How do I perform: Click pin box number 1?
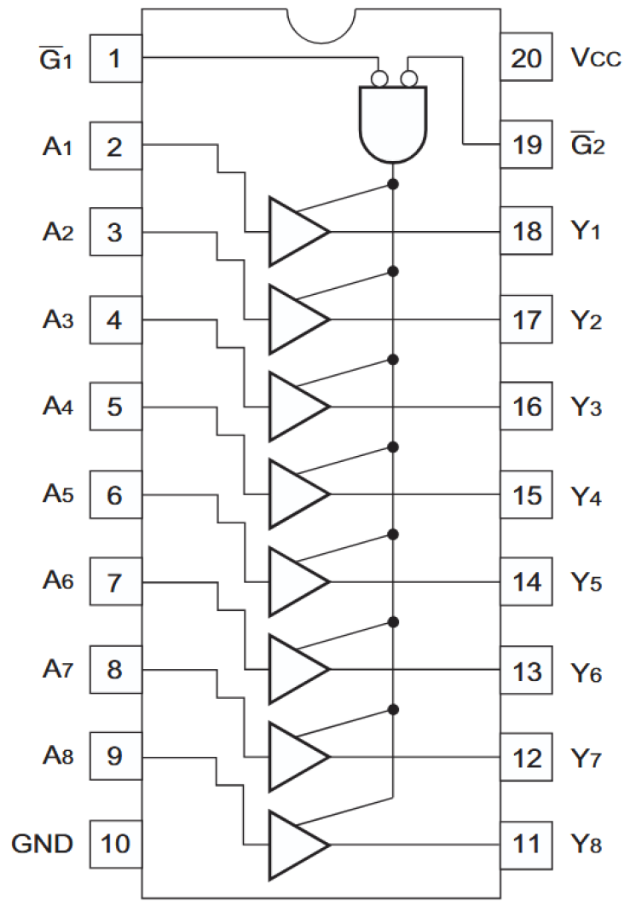tap(115, 59)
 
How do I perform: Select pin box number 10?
tap(115, 845)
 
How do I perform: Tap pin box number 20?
tap(526, 59)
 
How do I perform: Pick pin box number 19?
tap(526, 145)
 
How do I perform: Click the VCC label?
tap(589, 59)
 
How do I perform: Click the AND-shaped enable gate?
tap(392, 124)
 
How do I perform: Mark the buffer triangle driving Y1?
tap(295, 231)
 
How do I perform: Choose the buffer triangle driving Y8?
tap(295, 845)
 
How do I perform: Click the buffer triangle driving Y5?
tap(295, 581)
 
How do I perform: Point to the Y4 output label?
tap(586, 495)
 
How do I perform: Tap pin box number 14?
tap(526, 583)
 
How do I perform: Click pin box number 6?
tap(115, 495)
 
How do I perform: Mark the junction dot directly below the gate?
tap(392, 184)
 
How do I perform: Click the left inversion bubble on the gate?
tap(378, 79)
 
